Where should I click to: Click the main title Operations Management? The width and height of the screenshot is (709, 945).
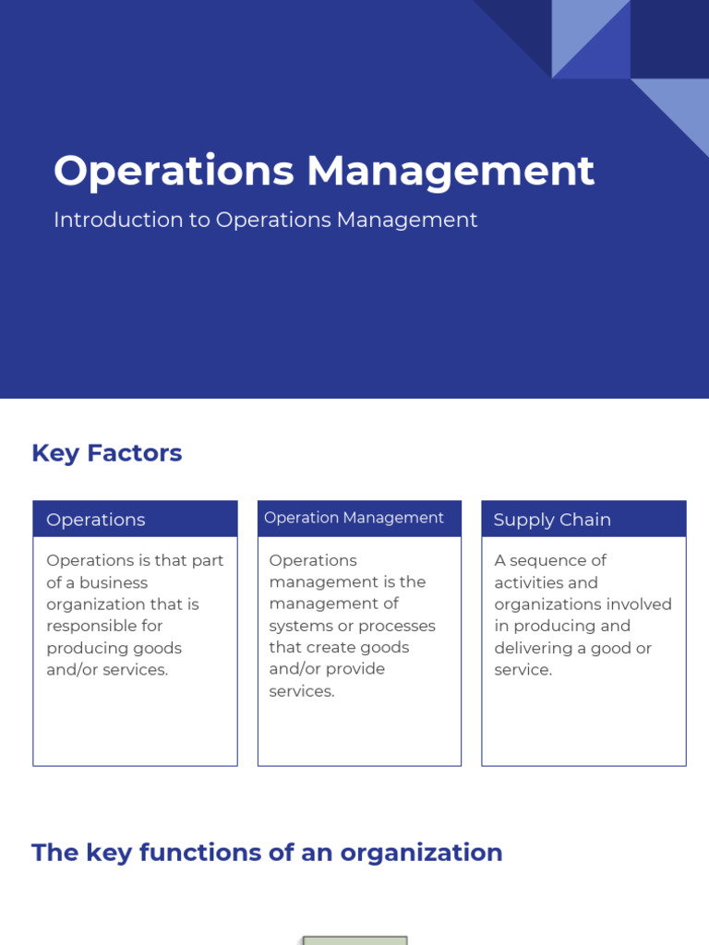coord(324,172)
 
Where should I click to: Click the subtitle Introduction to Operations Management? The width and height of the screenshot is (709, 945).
coord(266,220)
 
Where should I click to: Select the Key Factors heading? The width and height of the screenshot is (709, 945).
coord(107,453)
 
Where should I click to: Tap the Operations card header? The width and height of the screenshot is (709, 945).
coord(135,519)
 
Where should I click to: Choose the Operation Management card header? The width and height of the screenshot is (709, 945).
coord(359,518)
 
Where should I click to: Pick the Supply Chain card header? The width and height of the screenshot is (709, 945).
coord(583,519)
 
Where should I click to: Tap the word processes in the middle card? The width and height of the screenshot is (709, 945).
coord(397,626)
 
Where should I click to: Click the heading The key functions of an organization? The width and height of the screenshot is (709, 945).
coord(267,852)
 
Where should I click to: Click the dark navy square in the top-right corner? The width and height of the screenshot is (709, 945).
coord(669,39)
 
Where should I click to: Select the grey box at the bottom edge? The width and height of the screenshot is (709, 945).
coord(355,939)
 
